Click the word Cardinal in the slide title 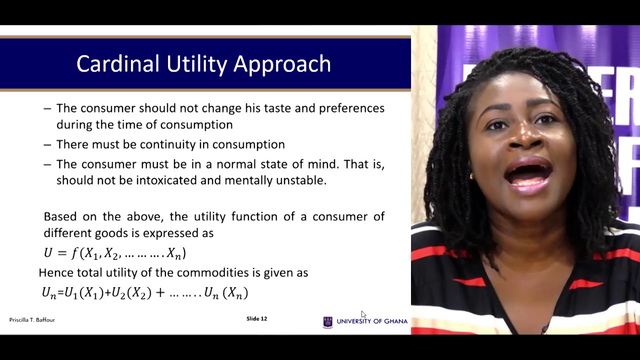point(118,64)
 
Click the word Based point(60,216)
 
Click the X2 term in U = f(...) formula point(111,253)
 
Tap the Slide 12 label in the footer point(256,318)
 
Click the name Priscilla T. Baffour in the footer point(32,319)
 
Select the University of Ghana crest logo point(328,321)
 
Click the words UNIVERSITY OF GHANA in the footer point(372,321)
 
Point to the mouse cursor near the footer point(363,314)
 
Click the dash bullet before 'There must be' point(47,145)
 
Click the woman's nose point(521,136)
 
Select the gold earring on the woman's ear point(471,176)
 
